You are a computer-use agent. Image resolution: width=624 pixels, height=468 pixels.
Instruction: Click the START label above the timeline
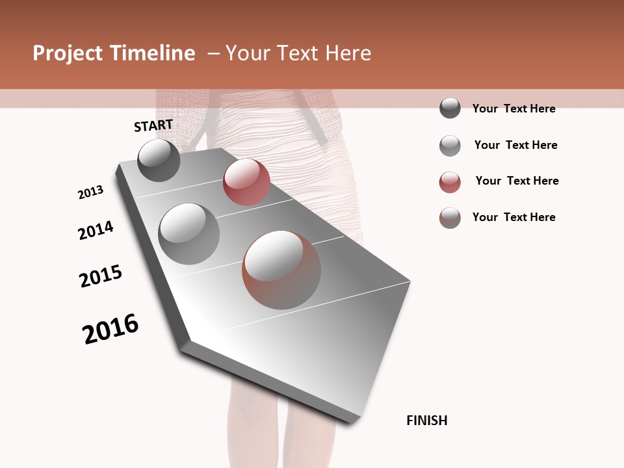(x=153, y=125)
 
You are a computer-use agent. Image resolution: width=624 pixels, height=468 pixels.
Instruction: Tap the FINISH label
(x=426, y=421)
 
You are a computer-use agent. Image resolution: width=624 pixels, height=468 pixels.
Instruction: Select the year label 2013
(x=91, y=192)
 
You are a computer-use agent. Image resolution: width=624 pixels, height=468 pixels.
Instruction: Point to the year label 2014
(x=96, y=230)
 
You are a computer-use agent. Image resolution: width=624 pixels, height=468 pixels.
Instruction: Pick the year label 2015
(x=101, y=276)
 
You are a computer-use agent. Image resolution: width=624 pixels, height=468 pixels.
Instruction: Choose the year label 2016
(x=110, y=329)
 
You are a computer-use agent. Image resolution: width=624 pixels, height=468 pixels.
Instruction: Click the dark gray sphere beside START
(x=159, y=160)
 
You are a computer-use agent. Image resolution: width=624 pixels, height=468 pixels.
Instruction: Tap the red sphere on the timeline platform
(x=246, y=182)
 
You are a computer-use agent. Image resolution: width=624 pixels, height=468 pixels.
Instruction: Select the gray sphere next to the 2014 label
(x=188, y=233)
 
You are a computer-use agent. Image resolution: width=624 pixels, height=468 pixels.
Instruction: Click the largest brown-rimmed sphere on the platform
(x=281, y=270)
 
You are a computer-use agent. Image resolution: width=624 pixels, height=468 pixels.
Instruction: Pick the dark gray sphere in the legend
(x=450, y=109)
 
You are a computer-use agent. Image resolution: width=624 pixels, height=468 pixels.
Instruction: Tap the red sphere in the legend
(x=450, y=182)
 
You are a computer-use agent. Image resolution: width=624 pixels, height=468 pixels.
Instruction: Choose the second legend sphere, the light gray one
(x=450, y=146)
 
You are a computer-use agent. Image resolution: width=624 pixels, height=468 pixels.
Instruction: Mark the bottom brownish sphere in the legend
(x=450, y=218)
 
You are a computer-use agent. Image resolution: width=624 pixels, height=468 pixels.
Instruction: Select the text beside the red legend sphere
(x=517, y=181)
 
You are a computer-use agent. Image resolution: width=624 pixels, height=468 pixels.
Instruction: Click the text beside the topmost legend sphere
(x=513, y=109)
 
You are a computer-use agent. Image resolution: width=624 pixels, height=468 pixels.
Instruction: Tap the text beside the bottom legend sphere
(x=513, y=217)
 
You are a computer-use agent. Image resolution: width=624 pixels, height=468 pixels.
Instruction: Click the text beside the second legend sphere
(x=515, y=145)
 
